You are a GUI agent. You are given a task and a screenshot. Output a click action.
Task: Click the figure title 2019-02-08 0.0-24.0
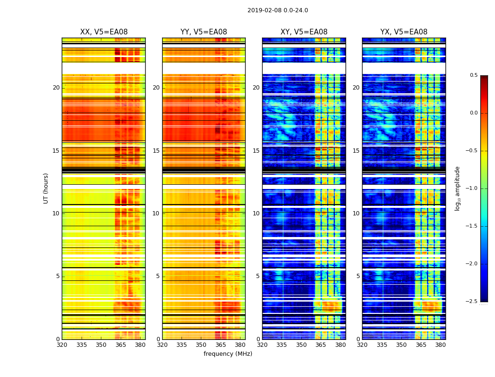(278, 10)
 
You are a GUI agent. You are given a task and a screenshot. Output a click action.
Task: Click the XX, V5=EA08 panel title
(104, 32)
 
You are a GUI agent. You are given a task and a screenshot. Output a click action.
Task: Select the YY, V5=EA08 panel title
(204, 32)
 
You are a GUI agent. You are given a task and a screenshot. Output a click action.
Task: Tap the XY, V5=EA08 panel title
(304, 32)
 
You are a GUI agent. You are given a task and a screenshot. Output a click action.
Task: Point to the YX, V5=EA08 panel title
(404, 32)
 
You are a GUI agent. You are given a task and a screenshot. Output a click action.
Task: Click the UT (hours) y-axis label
(46, 188)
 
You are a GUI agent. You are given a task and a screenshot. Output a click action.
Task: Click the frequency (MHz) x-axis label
(228, 354)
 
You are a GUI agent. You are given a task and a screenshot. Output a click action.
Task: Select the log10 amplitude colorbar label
(457, 188)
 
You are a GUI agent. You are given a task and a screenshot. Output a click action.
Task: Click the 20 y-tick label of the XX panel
(56, 88)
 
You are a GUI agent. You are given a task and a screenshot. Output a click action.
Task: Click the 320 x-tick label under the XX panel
(62, 345)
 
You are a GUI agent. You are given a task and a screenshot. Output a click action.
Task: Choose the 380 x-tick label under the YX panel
(440, 345)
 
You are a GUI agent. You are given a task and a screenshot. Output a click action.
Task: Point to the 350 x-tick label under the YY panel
(201, 345)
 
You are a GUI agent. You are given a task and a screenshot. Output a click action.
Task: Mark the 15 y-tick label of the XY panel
(256, 151)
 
